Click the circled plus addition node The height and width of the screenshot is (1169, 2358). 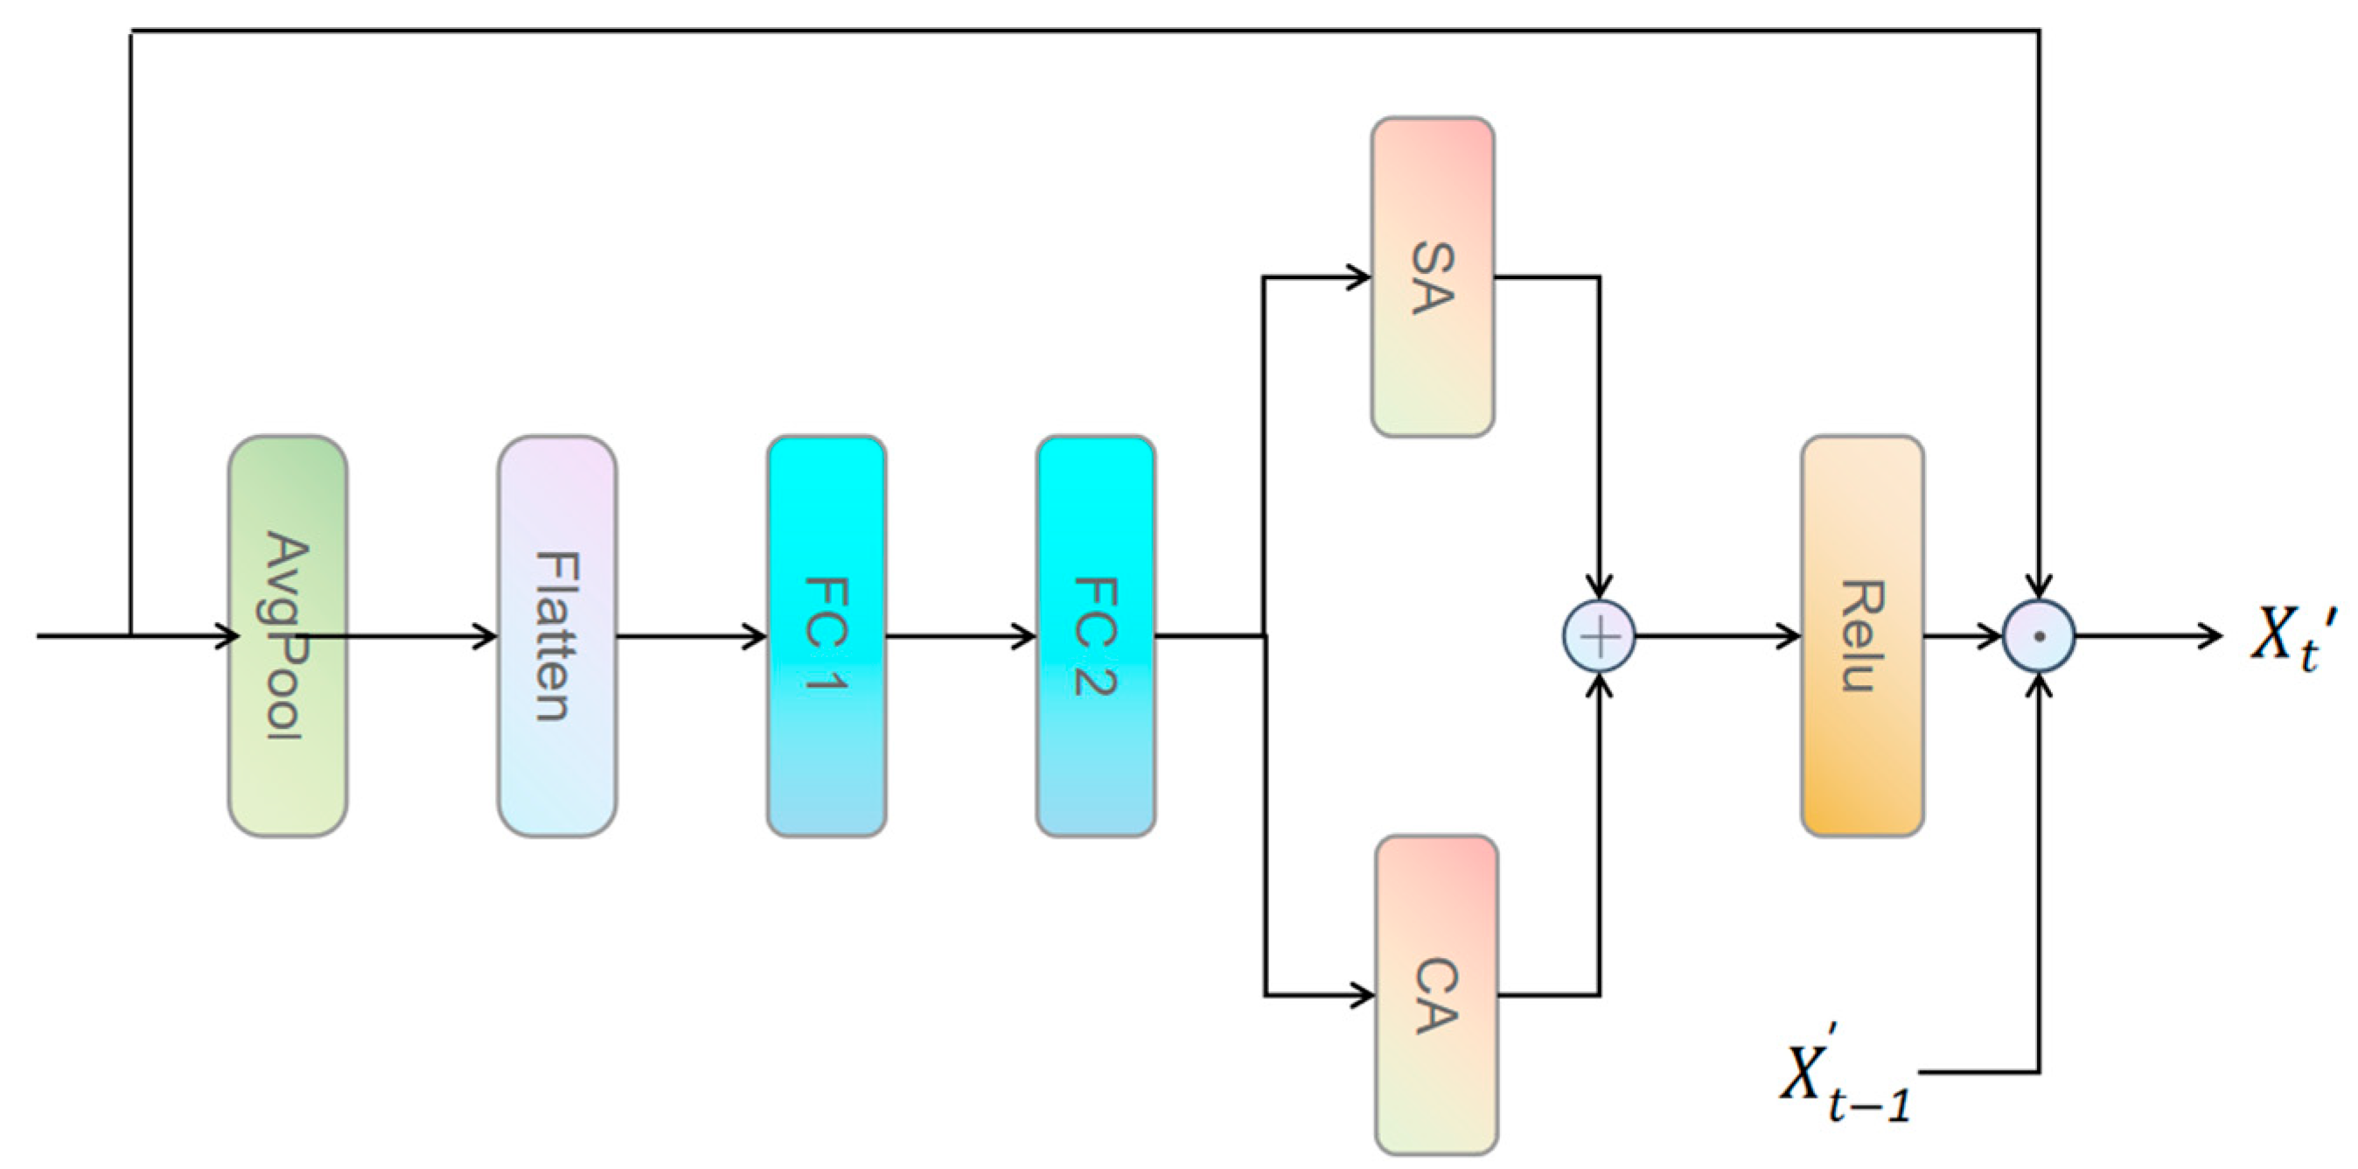[1598, 636]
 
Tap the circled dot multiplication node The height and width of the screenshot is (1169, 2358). [2039, 636]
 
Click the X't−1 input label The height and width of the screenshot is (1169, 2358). [1845, 1075]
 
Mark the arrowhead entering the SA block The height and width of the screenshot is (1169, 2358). [1358, 276]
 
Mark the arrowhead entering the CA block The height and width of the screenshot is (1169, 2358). [1362, 994]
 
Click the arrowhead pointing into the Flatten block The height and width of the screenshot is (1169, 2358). [486, 635]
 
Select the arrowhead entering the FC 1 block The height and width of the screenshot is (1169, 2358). [755, 635]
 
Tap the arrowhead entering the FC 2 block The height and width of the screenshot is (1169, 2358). [1024, 635]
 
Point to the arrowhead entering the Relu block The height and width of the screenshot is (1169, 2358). [1789, 635]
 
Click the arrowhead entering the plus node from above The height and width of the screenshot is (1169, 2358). [1598, 587]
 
